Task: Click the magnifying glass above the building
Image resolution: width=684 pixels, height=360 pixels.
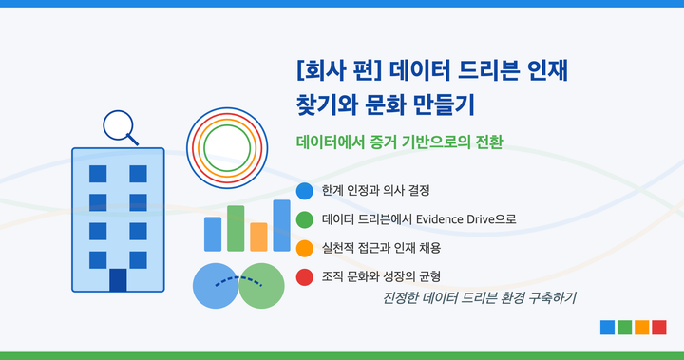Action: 118,125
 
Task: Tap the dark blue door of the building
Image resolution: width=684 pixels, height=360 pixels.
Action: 118,280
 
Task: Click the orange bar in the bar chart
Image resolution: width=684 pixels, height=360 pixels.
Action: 258,237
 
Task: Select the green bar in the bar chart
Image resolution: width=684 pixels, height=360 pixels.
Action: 236,228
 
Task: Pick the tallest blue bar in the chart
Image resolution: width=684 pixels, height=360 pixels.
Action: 281,225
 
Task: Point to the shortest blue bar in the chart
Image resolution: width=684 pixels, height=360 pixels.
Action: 213,234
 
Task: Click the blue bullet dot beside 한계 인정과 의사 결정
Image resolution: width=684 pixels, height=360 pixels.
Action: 305,191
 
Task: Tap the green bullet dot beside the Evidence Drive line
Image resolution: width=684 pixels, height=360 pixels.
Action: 305,219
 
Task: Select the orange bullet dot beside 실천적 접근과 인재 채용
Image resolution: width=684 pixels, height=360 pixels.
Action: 305,248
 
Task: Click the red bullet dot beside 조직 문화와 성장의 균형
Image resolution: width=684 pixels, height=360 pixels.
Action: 305,276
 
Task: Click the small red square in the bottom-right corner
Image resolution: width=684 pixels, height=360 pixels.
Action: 659,328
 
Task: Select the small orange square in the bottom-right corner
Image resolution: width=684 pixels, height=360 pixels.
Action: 642,328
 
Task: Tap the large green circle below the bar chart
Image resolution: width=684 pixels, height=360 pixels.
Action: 262,286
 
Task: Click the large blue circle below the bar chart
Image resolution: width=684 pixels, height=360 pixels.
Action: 216,286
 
